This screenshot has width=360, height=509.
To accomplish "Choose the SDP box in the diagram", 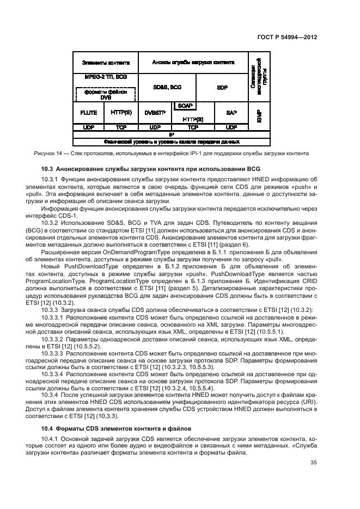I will tap(222, 87).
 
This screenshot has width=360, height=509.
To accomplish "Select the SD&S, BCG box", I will tap(167, 87).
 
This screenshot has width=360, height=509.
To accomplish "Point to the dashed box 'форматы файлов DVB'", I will tap(106, 95).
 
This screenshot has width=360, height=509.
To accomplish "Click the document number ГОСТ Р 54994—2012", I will tap(288, 38).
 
